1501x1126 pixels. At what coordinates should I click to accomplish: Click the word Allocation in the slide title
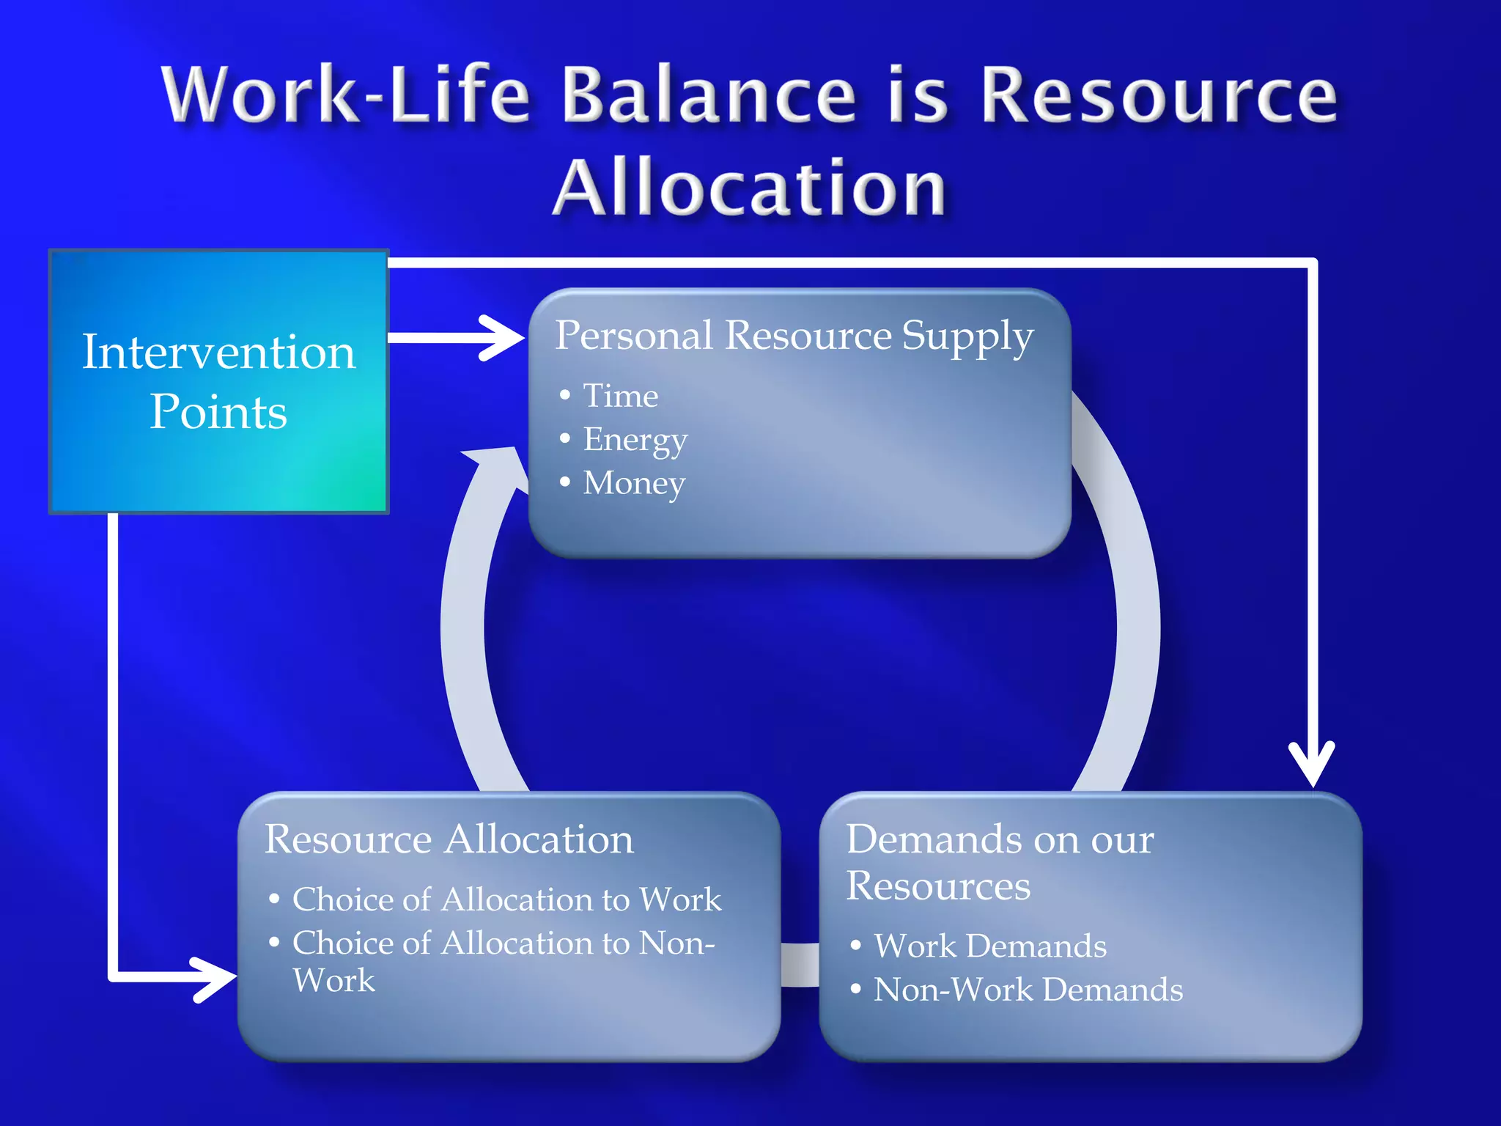point(749,189)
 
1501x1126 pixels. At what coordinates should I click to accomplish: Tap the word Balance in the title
point(709,95)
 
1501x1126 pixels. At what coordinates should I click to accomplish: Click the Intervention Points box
point(218,381)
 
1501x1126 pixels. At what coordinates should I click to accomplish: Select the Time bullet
point(620,396)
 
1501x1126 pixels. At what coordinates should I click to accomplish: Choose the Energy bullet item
point(635,440)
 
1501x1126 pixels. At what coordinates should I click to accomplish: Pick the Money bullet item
point(634,483)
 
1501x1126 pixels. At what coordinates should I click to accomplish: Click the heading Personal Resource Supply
point(794,336)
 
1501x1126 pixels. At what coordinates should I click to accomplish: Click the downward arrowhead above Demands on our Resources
point(1312,767)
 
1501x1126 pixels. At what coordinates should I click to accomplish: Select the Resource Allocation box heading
point(449,839)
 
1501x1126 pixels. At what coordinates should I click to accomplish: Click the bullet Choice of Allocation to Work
point(506,899)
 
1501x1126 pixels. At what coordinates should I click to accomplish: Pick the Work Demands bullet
point(989,946)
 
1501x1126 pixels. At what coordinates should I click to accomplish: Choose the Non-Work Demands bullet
point(1028,990)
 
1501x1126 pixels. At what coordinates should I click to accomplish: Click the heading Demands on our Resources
point(1000,862)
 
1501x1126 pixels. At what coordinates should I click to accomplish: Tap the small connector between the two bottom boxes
point(800,965)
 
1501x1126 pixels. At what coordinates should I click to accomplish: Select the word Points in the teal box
point(218,412)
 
